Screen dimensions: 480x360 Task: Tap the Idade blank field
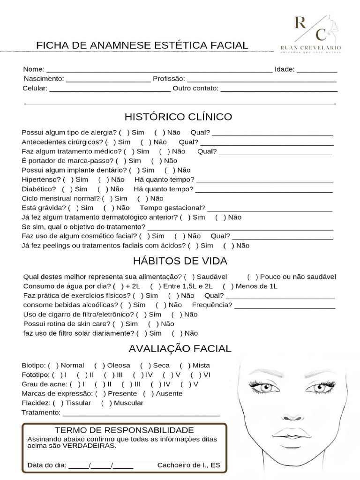click(316, 70)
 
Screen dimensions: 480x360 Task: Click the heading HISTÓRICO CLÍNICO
click(178, 116)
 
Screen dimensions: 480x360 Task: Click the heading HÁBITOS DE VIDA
click(180, 261)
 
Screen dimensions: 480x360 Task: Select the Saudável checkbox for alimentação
click(189, 277)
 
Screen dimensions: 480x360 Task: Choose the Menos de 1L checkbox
click(228, 286)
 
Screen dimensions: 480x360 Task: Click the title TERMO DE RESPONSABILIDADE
click(124, 430)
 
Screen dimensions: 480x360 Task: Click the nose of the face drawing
click(293, 415)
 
